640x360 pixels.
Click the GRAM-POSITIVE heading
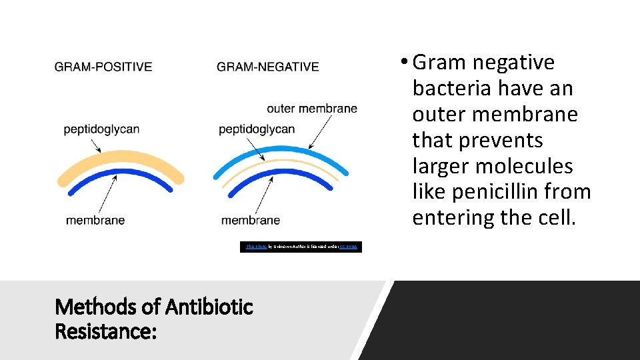[x=103, y=67]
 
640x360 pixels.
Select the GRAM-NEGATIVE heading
[x=267, y=67]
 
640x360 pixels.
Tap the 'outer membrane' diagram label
[x=311, y=109]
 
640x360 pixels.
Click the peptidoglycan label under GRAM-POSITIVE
[x=101, y=129]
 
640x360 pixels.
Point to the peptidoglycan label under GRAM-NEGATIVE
[x=257, y=129]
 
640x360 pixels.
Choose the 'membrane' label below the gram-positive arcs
[x=95, y=221]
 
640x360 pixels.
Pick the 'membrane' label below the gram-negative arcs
[x=251, y=221]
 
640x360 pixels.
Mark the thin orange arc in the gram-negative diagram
[x=281, y=163]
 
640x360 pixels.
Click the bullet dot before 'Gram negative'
[x=404, y=63]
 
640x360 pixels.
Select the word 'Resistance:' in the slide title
[x=106, y=331]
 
